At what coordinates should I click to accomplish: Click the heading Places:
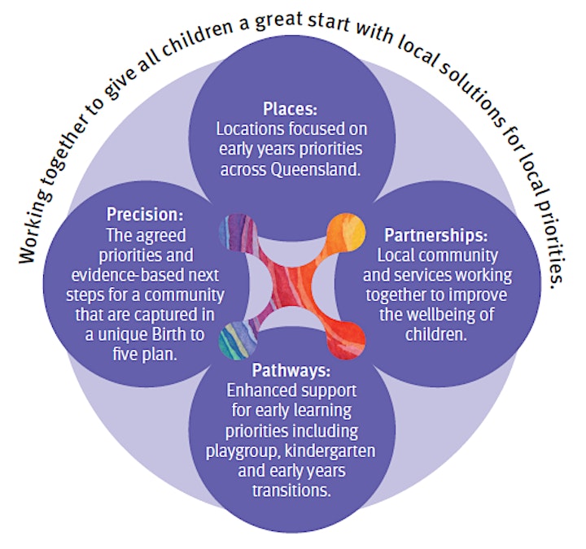click(x=290, y=109)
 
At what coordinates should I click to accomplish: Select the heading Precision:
click(x=145, y=215)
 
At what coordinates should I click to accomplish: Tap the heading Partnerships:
click(x=436, y=235)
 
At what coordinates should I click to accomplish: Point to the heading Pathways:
click(x=291, y=371)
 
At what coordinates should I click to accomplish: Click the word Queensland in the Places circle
click(x=316, y=169)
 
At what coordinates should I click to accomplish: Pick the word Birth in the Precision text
click(x=169, y=334)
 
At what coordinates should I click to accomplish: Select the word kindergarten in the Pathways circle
click(x=330, y=451)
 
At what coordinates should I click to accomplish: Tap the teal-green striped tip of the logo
click(x=237, y=341)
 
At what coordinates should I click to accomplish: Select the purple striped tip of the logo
click(x=238, y=232)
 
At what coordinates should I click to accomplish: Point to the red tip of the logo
click(x=347, y=341)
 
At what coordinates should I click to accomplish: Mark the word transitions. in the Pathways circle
click(x=291, y=490)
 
